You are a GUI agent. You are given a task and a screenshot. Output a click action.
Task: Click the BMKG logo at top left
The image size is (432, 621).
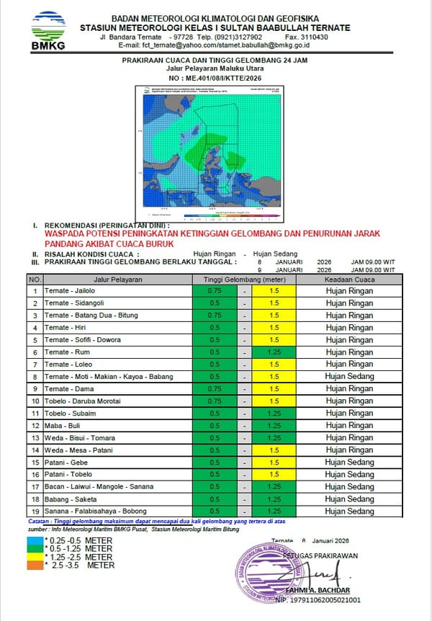(x=48, y=30)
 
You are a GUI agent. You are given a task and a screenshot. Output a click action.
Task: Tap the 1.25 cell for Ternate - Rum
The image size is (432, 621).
(x=274, y=352)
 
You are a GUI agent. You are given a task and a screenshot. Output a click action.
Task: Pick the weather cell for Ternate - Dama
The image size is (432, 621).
(x=349, y=388)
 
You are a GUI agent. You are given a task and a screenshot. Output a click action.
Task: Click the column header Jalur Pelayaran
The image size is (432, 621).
(x=117, y=279)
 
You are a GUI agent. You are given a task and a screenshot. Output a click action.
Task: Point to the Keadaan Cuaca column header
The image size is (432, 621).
(x=349, y=279)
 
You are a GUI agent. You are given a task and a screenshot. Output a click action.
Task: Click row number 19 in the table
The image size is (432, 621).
(x=35, y=511)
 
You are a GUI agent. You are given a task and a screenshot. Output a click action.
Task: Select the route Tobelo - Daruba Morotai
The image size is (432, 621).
(x=82, y=401)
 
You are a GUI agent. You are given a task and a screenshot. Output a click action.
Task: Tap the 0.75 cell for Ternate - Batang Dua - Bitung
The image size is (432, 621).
(x=214, y=315)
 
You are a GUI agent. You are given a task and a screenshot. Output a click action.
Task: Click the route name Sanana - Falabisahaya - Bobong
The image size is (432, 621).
(x=94, y=511)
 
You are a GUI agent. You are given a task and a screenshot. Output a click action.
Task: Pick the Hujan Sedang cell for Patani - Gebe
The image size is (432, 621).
(x=349, y=463)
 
